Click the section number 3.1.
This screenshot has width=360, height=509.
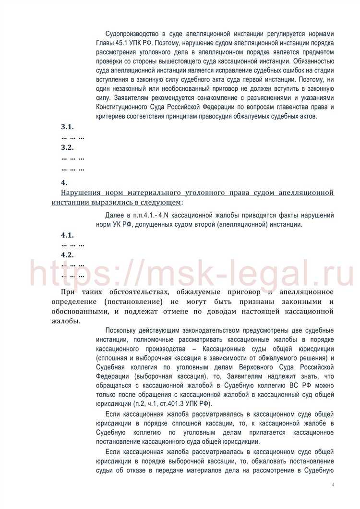pos(67,127)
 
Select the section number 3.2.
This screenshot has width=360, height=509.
pos(67,147)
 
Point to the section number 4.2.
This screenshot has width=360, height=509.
pos(67,254)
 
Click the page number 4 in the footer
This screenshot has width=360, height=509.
pos(333,485)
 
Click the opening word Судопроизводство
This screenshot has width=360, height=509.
pos(132,35)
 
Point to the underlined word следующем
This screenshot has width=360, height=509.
pos(164,202)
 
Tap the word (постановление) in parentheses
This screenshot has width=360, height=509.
pos(132,302)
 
